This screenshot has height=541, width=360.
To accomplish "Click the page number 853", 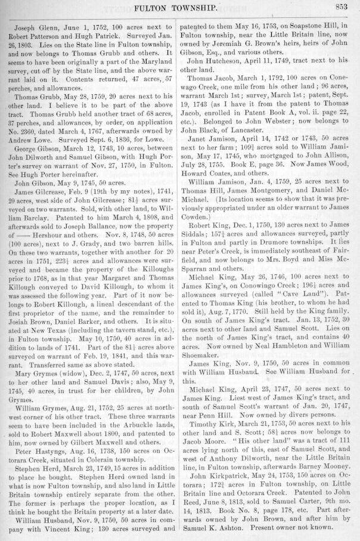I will click(x=341, y=7).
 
